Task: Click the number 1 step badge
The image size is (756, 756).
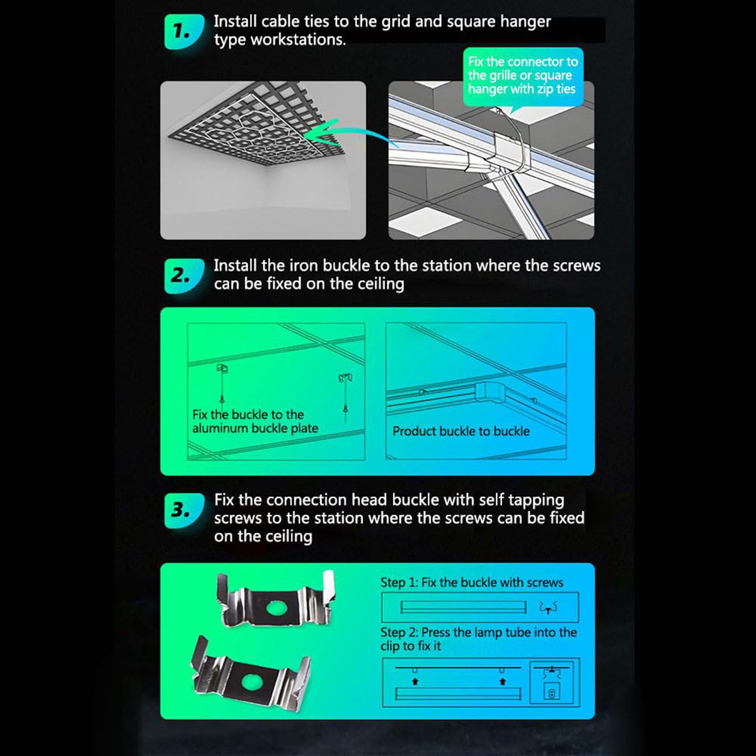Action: (183, 32)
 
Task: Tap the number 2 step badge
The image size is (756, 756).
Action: (183, 275)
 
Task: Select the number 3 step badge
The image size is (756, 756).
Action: (183, 510)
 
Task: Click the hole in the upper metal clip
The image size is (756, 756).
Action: (275, 608)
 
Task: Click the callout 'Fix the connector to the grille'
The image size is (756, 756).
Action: (523, 76)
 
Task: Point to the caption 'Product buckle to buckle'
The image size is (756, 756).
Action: (461, 431)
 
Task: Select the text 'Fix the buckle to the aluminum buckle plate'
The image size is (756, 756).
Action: (255, 421)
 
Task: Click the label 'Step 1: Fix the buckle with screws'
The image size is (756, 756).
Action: (472, 582)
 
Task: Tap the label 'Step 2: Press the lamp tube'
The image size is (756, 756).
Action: (478, 639)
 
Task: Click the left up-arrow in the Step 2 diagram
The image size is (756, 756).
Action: (415, 681)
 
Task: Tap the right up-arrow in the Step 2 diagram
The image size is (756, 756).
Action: (502, 681)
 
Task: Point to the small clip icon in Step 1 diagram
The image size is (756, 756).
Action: (548, 608)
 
